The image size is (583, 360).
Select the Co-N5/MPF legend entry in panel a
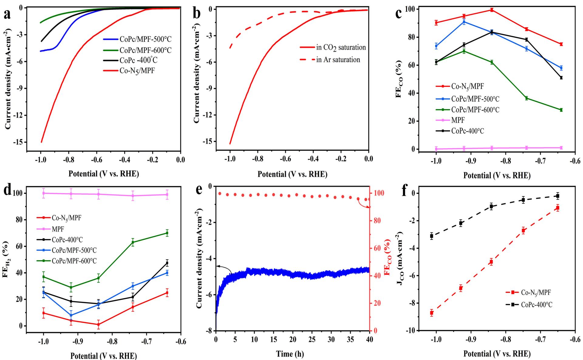click(135, 71)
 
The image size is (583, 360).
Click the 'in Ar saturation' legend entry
click(338, 60)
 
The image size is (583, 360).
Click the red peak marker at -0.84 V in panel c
click(492, 10)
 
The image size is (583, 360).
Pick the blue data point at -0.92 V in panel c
click(464, 22)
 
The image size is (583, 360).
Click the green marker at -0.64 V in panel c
click(561, 110)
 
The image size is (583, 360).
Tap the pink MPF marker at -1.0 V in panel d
click(44, 193)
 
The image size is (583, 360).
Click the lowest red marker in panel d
click(98, 324)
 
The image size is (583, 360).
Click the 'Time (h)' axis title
click(290, 354)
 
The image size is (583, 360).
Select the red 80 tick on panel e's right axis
click(377, 221)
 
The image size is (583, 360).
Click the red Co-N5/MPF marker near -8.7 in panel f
click(431, 313)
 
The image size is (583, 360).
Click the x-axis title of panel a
click(104, 174)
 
